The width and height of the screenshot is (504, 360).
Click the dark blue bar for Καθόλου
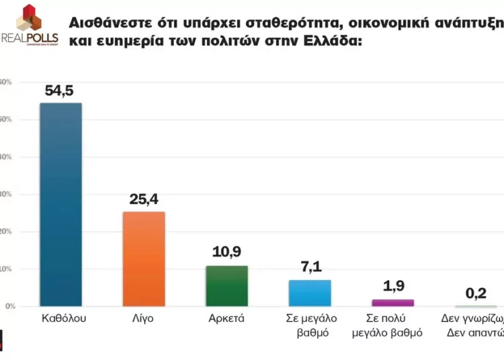tap(60, 205)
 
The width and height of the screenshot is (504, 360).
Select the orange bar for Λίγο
tap(144, 259)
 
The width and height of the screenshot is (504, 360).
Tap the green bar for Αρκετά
tap(226, 286)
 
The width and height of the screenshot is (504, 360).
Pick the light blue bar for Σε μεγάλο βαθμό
tap(310, 293)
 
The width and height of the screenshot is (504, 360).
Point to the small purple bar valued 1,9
tap(393, 302)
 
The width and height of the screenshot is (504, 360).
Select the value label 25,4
tap(143, 199)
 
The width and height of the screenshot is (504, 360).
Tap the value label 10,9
tap(226, 253)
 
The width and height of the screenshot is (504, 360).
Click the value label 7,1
tap(310, 267)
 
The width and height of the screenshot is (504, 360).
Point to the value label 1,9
tap(393, 287)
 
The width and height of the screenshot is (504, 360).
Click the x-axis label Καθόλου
tap(60, 318)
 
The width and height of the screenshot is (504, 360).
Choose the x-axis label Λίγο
tap(144, 318)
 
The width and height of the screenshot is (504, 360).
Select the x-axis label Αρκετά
tap(226, 318)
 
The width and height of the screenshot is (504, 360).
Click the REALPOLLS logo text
tap(30, 37)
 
